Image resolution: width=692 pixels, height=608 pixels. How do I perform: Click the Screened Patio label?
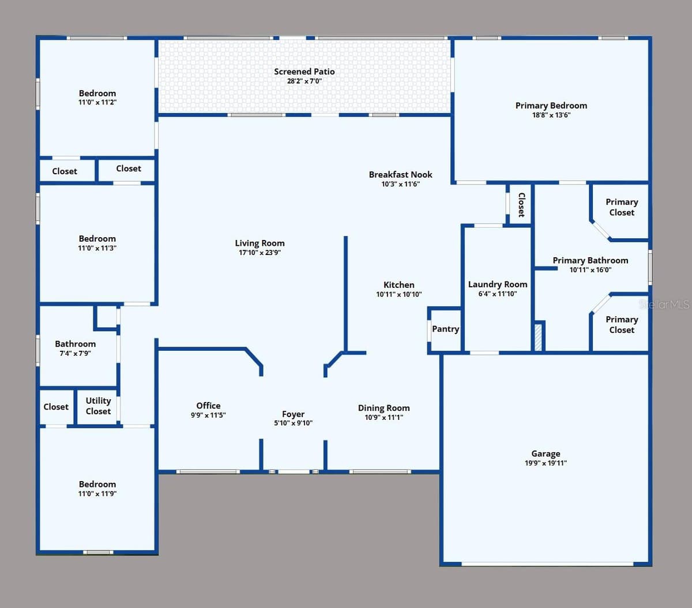[x=304, y=72]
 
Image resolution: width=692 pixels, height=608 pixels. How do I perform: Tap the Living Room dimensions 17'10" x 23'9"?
[x=259, y=253]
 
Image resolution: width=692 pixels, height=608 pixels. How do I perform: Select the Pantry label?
[x=445, y=329]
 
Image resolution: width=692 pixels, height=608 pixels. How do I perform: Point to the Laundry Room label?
[x=498, y=284]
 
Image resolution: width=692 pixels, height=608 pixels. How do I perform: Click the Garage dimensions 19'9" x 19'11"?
[x=546, y=463]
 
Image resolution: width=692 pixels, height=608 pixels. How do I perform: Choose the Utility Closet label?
[x=98, y=406]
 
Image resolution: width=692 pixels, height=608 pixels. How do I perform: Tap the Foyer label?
[x=293, y=414]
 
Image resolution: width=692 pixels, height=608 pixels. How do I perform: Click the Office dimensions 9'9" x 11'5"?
[x=208, y=415]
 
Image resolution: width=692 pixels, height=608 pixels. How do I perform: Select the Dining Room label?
[x=383, y=408]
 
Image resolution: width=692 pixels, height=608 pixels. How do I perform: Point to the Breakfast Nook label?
[x=400, y=175]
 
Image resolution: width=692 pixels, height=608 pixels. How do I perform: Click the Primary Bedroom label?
[x=551, y=106]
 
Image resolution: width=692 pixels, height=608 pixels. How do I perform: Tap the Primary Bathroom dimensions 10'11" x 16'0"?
[x=590, y=270]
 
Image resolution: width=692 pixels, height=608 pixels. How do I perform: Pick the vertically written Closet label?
[x=521, y=205]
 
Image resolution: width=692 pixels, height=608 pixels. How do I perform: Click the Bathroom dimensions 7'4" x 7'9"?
[x=75, y=354]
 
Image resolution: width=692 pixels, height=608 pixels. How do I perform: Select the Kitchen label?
[x=398, y=285]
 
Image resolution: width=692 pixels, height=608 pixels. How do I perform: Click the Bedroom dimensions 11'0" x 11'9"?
[x=97, y=494]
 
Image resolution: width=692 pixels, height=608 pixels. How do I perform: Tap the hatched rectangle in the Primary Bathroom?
[x=537, y=337]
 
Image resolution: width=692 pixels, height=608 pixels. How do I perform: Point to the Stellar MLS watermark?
[x=664, y=304]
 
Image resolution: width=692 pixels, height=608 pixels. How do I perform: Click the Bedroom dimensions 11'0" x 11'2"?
[x=97, y=102]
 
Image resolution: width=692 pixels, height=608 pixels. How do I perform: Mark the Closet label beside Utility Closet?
[x=56, y=407]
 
